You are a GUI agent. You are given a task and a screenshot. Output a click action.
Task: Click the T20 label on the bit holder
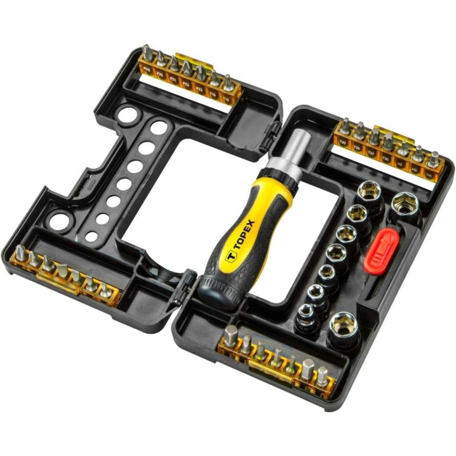[343, 143]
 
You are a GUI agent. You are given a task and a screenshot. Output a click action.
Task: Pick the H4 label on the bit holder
[429, 175]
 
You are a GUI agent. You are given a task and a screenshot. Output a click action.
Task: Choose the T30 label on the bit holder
[385, 159]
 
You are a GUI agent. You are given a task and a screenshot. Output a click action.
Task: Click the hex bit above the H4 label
[434, 159]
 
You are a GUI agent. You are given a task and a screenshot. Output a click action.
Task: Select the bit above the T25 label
[360, 131]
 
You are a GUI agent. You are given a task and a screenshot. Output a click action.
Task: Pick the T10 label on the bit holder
[212, 93]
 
